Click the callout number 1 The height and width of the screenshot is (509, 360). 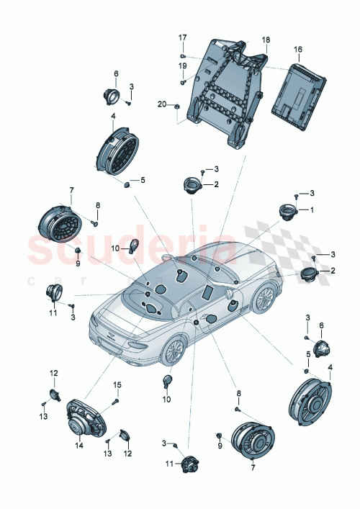click(x=312, y=210)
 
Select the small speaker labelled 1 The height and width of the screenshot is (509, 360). click(x=289, y=212)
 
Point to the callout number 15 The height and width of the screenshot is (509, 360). click(x=117, y=385)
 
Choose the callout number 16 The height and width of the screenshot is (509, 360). click(x=298, y=50)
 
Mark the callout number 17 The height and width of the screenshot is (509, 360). click(x=182, y=37)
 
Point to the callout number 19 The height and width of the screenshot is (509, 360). click(x=182, y=66)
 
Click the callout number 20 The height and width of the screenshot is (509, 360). click(x=163, y=105)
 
